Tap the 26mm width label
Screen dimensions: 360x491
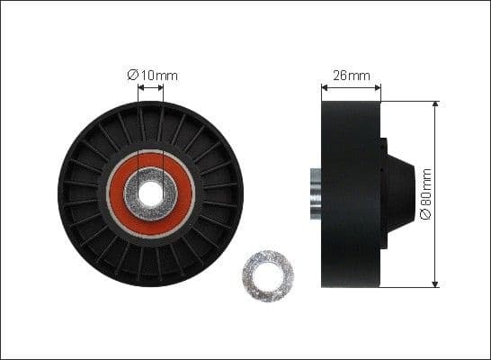pyautogui.click(x=351, y=75)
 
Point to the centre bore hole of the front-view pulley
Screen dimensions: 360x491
pyautogui.click(x=150, y=192)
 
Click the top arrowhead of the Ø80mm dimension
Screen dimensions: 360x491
pyautogui.click(x=437, y=104)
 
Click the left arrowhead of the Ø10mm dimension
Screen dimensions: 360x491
pyautogui.click(x=140, y=87)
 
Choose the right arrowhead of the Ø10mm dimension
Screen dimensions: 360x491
pyautogui.click(x=161, y=87)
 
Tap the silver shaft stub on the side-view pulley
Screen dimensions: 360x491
pyautogui.click(x=316, y=193)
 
